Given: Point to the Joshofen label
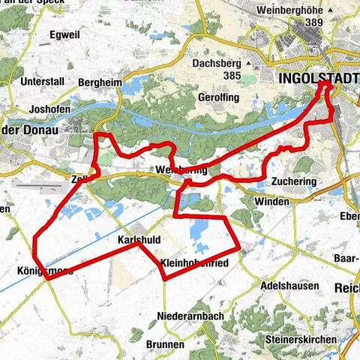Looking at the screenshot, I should pos(50,108).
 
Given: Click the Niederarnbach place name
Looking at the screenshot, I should pos(191,316).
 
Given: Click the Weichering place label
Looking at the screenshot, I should pos(179,171).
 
